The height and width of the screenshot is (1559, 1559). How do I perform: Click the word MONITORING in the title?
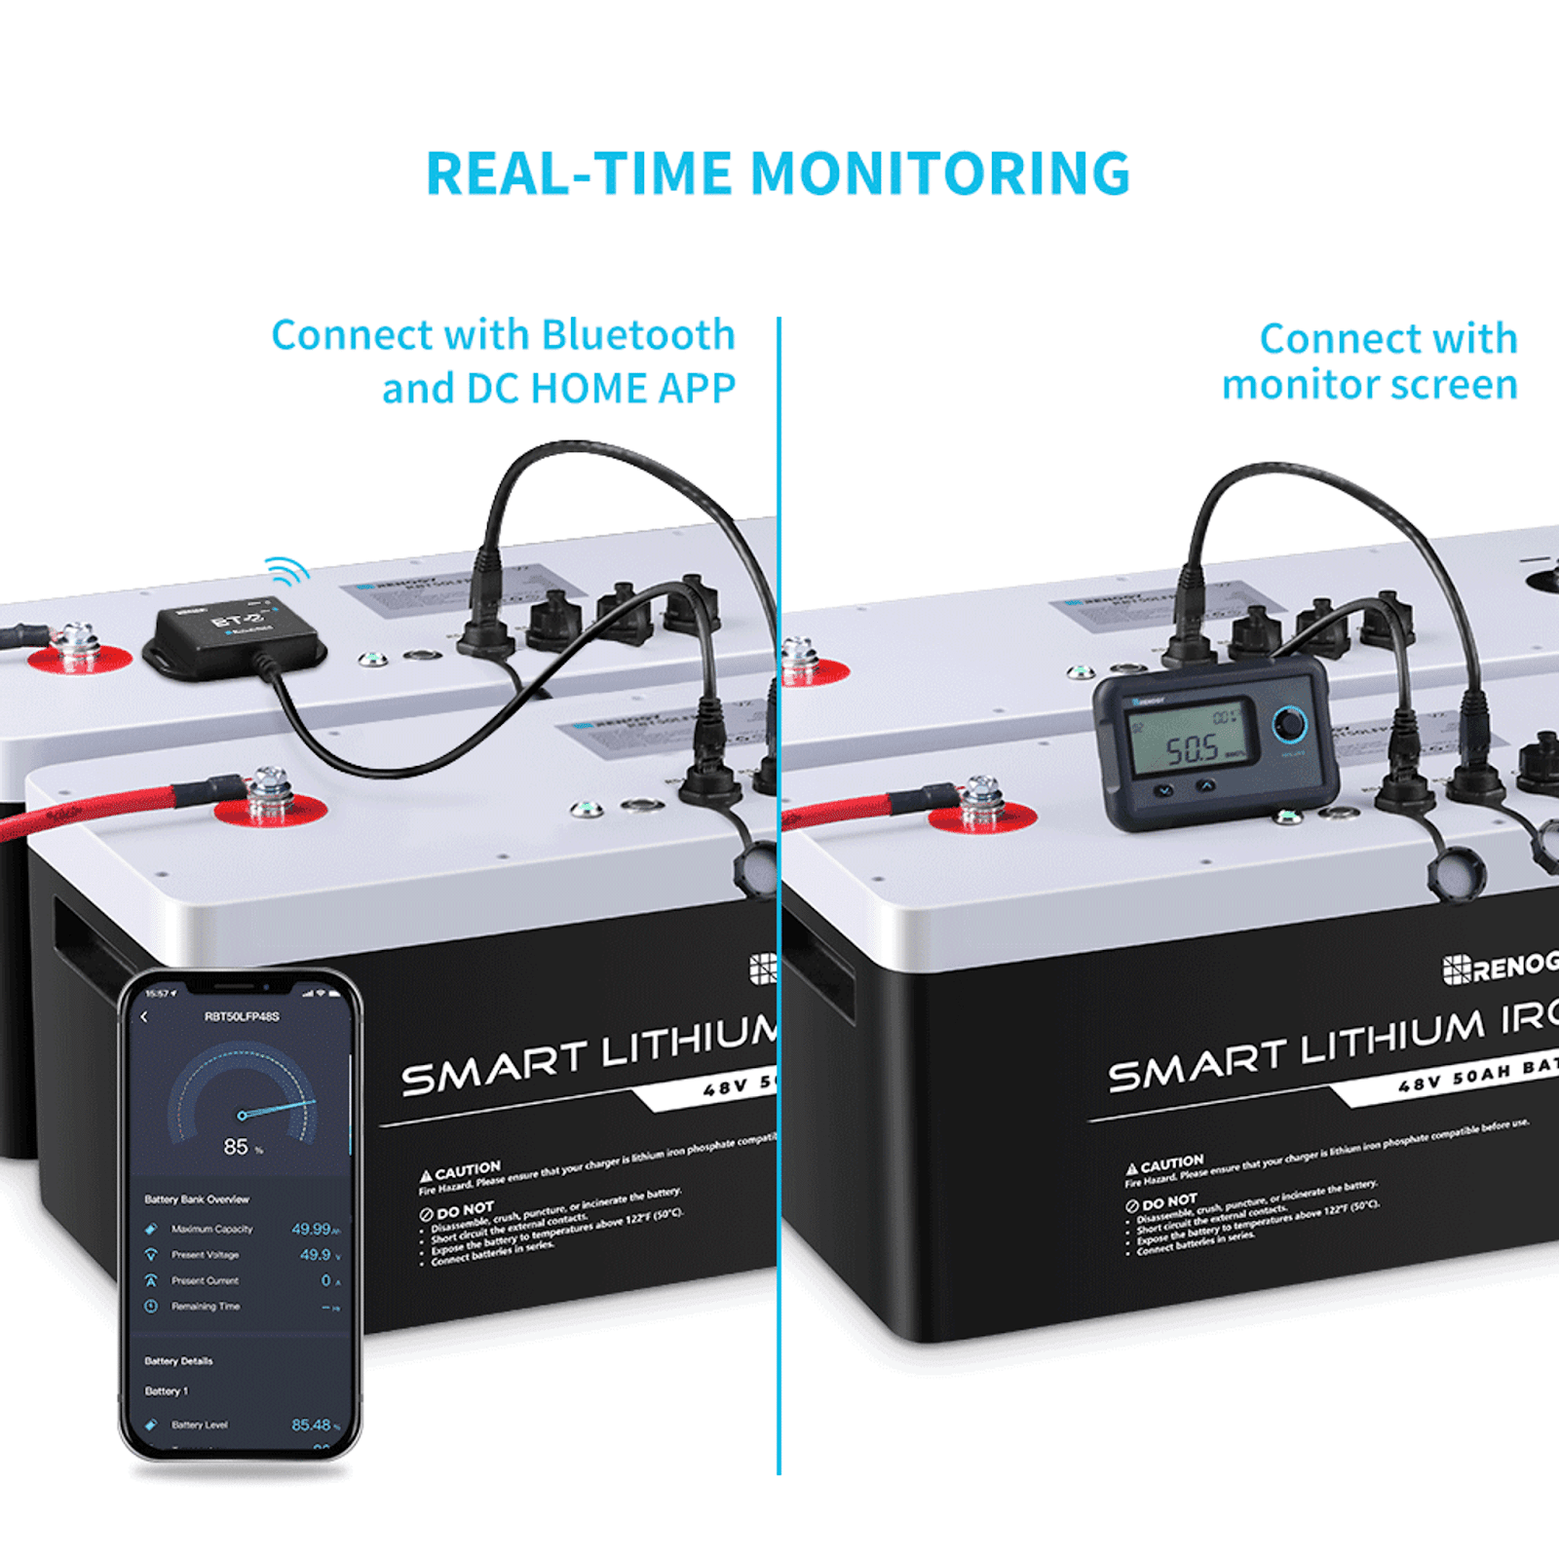(939, 174)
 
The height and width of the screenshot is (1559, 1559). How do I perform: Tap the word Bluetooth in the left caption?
(637, 335)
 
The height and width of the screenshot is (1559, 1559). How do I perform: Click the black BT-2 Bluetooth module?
(234, 635)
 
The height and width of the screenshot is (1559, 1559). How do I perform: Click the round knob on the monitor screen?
(1290, 724)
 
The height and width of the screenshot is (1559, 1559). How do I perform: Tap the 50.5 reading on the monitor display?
(1193, 749)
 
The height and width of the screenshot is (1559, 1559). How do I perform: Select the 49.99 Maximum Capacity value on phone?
(312, 1229)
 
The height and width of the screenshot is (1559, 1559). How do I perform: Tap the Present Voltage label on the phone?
(205, 1255)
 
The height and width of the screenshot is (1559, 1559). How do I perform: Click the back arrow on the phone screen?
(145, 1017)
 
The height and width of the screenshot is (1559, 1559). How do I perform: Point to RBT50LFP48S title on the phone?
(242, 1016)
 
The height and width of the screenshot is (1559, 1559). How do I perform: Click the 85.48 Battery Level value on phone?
(312, 1425)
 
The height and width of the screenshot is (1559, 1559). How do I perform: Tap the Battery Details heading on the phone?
(178, 1361)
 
